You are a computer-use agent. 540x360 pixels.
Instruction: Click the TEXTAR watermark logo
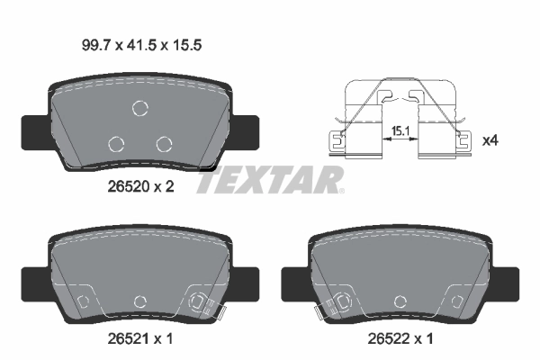270,180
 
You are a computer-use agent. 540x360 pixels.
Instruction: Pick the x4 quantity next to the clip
490,140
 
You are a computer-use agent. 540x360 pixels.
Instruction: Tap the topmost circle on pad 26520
139,109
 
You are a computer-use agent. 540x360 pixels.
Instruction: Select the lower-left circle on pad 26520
115,143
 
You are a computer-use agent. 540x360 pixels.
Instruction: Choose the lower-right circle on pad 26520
163,143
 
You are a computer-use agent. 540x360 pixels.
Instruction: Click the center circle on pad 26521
139,301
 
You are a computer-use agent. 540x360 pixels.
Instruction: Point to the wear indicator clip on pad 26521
202,304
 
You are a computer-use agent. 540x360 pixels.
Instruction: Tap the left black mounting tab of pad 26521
32,283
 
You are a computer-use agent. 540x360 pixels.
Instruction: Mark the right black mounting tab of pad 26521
247,283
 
